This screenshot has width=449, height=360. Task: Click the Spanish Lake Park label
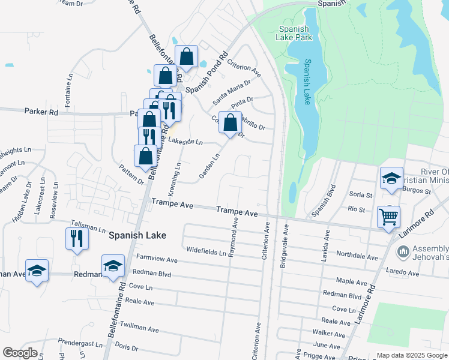point(294,33)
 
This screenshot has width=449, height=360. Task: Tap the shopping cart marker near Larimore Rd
point(389,216)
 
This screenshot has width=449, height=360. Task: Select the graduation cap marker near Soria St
point(391,178)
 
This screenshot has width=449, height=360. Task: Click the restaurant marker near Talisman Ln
point(77,238)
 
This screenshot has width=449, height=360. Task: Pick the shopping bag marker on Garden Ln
point(230,123)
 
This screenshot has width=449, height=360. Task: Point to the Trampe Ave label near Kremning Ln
point(172,205)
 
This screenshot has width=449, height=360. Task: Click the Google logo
point(20,353)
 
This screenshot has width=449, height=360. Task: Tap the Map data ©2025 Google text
point(411,355)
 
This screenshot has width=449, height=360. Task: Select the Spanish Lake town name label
point(137,236)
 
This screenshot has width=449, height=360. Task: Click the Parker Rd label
point(41,112)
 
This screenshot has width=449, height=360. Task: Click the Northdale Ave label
point(357,256)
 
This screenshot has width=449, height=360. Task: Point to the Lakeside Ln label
point(185,142)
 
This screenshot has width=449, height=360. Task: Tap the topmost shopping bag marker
point(187,56)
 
